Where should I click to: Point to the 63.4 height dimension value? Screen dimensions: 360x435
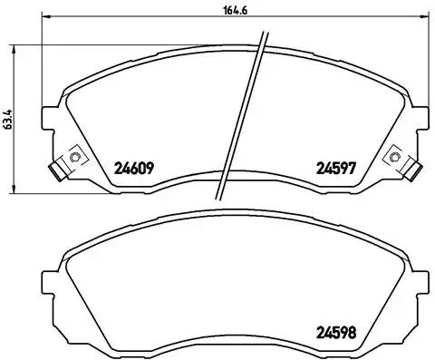[x=8, y=120]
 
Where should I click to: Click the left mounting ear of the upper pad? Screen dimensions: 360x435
[x=51, y=118]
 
